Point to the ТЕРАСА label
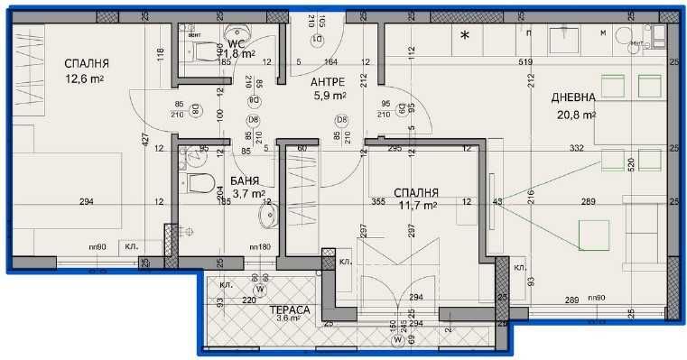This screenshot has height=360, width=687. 290,309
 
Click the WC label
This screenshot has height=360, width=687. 237,42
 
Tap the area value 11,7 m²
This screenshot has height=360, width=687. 417,206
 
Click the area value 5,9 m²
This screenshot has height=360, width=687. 330,95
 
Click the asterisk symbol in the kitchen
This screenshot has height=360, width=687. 466,36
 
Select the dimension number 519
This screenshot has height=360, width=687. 476,61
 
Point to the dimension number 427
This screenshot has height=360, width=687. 144,140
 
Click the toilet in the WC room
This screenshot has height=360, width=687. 209,49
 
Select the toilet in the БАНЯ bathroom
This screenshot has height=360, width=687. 200,183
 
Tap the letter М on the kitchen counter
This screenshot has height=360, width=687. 603,32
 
